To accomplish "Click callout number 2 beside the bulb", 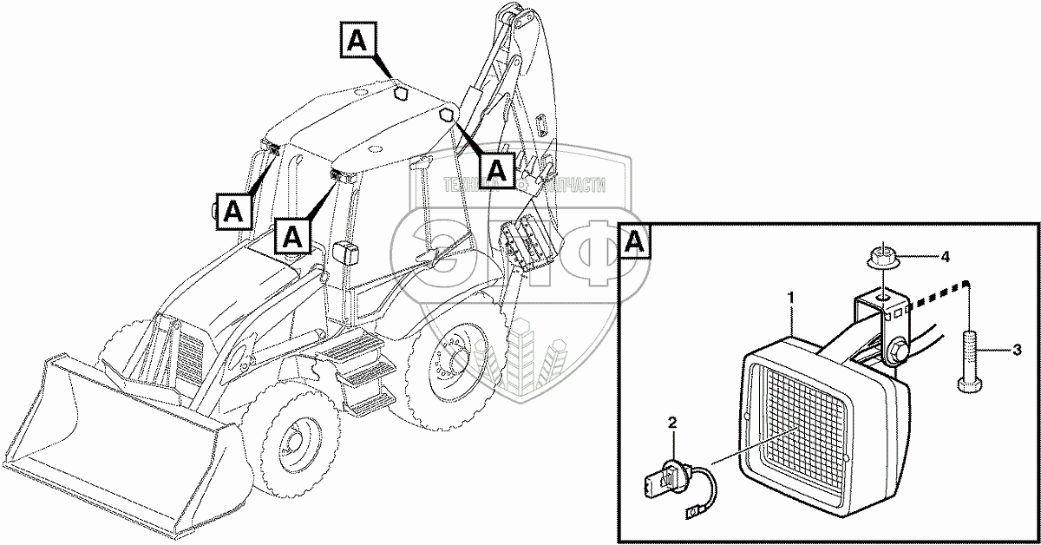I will click(x=671, y=423).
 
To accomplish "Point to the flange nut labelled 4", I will click(x=882, y=258).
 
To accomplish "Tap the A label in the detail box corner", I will click(x=636, y=241).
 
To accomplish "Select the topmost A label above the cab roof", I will click(x=359, y=41).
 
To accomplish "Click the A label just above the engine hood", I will click(x=292, y=235).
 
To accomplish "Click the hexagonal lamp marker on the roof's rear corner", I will click(x=446, y=115).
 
